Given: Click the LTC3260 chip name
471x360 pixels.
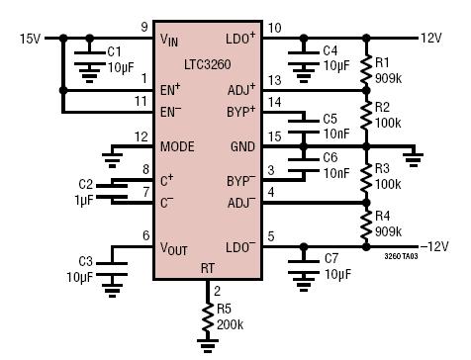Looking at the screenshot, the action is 207,64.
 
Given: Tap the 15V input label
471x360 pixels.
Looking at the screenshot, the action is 30,39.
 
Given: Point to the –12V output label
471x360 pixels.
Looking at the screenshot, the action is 434,246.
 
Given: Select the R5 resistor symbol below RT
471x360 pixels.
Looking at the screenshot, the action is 208,316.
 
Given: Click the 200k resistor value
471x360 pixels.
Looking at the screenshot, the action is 230,325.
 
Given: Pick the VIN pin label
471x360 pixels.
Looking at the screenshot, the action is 169,40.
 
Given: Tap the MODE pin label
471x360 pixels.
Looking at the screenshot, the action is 177,146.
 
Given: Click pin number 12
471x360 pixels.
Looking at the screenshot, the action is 141,136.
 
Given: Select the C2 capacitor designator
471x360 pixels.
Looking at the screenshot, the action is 86,184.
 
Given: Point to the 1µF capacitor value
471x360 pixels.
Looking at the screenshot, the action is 84,200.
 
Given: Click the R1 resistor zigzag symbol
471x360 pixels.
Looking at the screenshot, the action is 366,70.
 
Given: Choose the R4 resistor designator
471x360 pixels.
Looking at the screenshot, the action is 382,216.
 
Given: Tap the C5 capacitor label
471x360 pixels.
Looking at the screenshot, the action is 330,119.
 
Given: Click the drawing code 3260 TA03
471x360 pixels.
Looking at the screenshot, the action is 401,256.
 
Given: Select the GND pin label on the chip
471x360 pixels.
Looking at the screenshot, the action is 242,146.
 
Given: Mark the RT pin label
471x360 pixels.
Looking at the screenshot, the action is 208,268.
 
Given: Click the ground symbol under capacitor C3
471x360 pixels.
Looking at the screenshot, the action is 112,291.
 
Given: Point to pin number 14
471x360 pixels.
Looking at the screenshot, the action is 275,103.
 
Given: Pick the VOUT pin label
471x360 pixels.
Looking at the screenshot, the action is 173,248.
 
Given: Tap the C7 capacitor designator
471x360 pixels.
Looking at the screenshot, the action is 331,259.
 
